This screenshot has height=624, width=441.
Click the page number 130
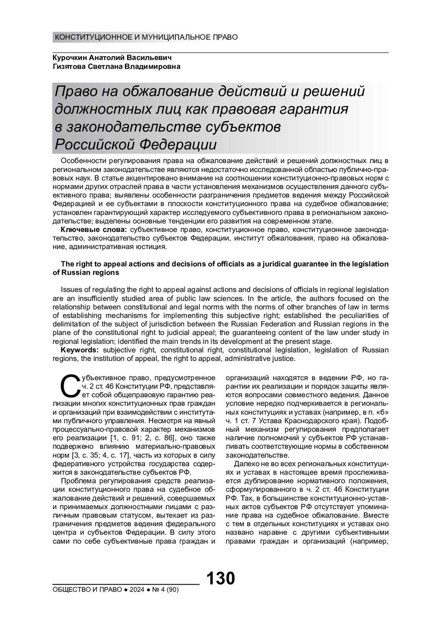click(220, 578)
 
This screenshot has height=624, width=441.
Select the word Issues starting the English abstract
click(71, 290)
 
